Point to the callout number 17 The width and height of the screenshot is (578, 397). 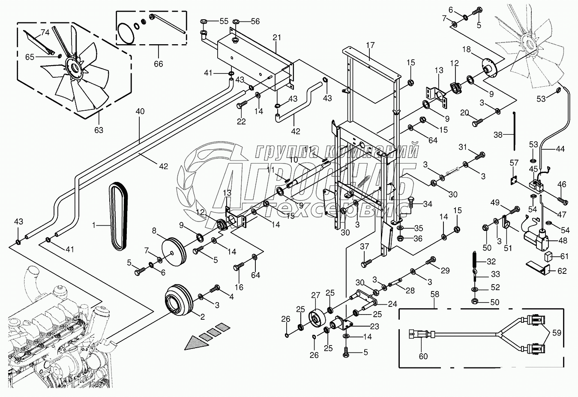coord(370,45)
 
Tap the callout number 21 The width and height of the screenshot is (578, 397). coord(277,38)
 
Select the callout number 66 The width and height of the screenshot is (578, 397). coord(158,64)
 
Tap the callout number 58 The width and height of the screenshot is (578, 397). coord(434,294)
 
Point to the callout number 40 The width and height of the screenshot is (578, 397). coord(140,112)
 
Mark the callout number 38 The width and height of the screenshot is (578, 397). coord(498,135)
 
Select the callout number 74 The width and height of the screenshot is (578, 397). coord(45,32)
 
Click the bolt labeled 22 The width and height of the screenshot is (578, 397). coord(242,104)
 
